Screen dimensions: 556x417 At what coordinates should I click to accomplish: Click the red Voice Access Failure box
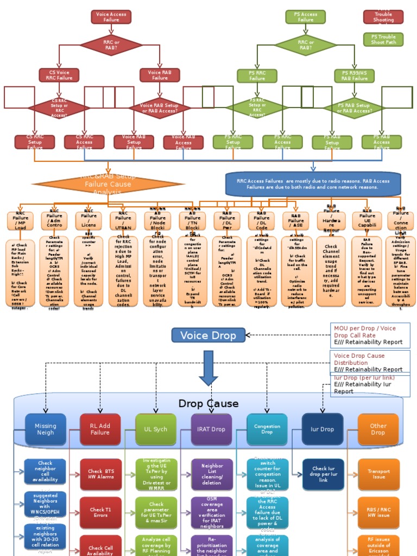pos(111,17)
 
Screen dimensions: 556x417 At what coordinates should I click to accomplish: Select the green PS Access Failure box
pos(306,17)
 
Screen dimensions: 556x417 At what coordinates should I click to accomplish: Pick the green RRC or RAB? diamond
pos(306,45)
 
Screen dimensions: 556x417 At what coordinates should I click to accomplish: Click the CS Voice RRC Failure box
pos(59,75)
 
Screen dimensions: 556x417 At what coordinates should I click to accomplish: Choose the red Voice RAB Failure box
pos(160,75)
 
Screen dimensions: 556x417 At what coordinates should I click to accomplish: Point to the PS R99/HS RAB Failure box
pos(355,75)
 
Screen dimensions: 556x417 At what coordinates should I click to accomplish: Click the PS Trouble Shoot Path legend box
pos(383,39)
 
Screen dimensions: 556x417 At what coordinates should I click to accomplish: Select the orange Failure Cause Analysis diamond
pos(108,184)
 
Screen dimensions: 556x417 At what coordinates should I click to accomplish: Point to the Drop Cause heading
pos(208,403)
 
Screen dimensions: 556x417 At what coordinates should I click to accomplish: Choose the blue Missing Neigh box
pos(46,429)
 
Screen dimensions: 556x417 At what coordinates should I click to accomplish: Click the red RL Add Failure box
pos(100,429)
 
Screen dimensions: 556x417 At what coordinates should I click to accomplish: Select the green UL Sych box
pos(156,429)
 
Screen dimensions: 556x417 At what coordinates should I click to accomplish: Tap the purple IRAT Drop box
pos(211,429)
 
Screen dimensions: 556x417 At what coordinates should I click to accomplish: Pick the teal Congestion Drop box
pos(267,429)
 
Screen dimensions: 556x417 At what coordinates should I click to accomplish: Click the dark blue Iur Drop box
pos(323,429)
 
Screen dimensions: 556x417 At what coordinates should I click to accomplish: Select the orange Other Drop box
pos(378,429)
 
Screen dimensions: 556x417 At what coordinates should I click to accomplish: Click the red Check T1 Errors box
pos(100,513)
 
